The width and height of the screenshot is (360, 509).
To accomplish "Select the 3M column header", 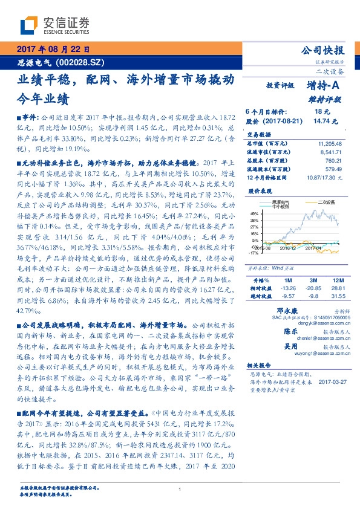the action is tap(313, 281).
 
